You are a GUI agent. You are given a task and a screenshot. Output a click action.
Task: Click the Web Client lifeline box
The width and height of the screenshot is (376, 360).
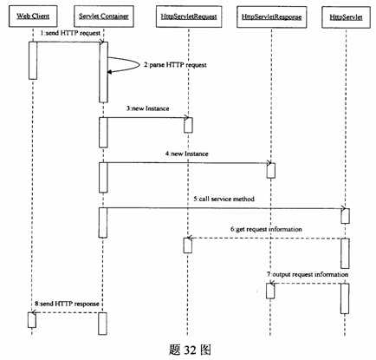pos(33,16)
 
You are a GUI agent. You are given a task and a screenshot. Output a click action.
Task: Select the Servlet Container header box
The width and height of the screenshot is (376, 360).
pos(104,16)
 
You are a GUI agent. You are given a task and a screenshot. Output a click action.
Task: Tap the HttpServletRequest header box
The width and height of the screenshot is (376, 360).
pos(189,16)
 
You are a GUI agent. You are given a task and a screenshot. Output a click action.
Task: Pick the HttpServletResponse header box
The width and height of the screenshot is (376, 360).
pos(271,16)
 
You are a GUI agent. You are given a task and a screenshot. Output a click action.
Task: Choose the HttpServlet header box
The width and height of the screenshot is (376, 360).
pos(346,17)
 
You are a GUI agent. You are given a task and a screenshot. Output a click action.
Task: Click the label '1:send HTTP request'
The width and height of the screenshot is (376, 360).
pos(70,33)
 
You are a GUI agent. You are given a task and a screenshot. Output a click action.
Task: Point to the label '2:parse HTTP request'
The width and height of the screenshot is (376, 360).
pos(175,65)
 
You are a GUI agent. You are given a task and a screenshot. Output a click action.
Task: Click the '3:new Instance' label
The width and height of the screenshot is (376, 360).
pos(147,108)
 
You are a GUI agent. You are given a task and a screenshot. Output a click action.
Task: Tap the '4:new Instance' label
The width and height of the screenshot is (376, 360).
pos(187,154)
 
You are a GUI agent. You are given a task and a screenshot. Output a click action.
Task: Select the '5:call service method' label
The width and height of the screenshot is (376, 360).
pos(224,199)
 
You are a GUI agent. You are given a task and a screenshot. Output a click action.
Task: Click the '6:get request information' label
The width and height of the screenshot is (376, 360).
pos(266,229)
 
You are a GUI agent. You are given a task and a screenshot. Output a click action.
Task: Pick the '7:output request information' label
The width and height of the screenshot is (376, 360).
pos(308,274)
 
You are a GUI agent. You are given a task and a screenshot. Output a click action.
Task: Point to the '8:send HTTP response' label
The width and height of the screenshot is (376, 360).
pos(67,304)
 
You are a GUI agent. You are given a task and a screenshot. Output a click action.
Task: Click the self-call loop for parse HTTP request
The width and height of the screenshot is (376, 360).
pos(139,64)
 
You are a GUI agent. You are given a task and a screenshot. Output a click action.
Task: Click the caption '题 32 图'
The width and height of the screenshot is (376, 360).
pos(190,350)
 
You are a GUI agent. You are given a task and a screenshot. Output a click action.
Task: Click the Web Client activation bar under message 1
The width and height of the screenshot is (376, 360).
pos(33,61)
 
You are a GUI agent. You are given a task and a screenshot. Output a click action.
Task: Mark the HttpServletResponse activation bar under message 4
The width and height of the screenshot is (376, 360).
pos(271,171)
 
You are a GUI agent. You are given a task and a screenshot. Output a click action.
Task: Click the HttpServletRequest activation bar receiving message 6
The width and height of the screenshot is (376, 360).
pos(188,245)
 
